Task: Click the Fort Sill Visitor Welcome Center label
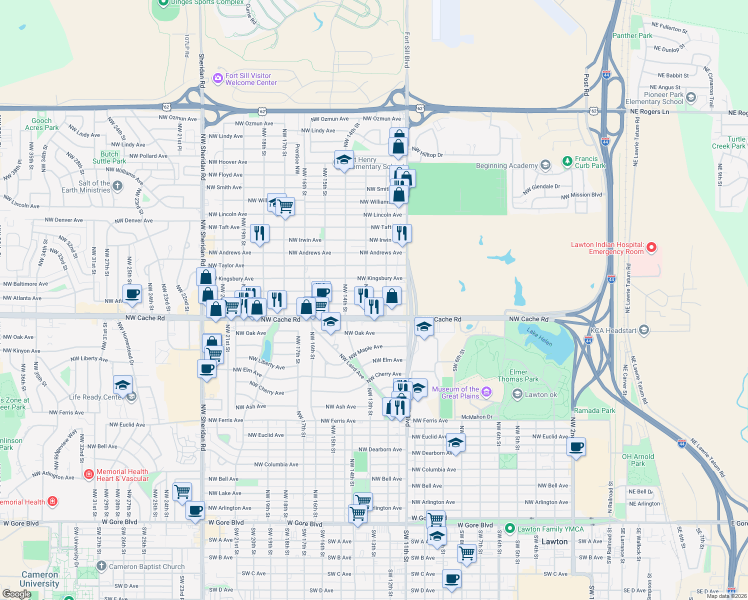point(250,79)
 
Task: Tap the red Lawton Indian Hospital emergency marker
point(651,247)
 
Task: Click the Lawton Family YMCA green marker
point(509,528)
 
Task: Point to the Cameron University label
point(39,579)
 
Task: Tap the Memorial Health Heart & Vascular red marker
point(88,473)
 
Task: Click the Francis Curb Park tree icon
point(567,161)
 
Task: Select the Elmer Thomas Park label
point(518,375)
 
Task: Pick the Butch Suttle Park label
point(109,157)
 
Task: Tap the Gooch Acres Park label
point(42,124)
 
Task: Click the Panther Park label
point(632,35)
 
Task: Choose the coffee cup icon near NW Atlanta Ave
point(132,294)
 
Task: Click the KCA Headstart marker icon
point(644,329)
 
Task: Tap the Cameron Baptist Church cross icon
point(101,566)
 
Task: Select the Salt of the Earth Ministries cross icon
point(117,186)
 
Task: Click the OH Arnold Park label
point(637,460)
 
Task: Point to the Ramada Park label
point(594,410)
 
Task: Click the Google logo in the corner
point(16,594)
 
